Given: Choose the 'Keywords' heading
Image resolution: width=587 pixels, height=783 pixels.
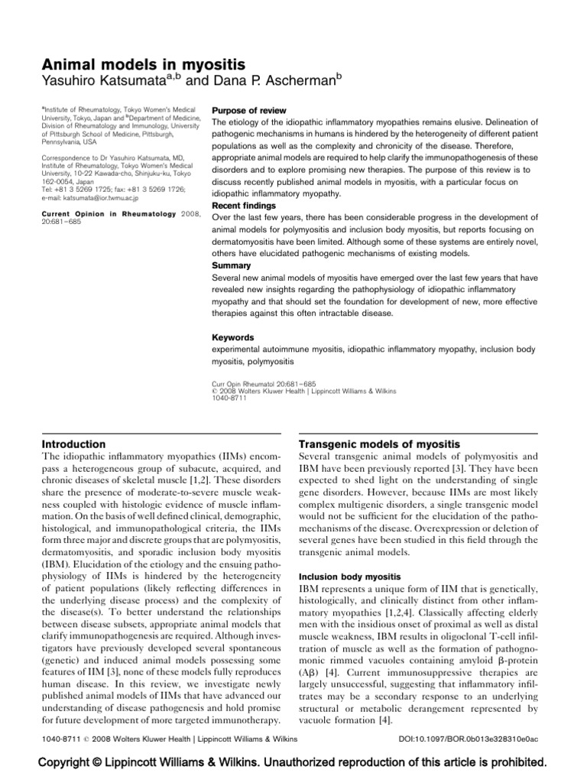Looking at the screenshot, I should coord(232,336).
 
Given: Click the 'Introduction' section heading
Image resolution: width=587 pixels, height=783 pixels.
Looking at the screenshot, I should coord(73,443).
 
